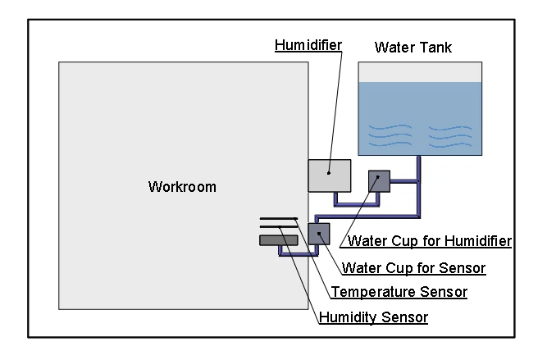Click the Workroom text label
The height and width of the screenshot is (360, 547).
[x=182, y=187]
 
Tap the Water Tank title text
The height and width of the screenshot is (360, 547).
[x=413, y=48]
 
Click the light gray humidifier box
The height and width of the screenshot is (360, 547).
[x=329, y=175]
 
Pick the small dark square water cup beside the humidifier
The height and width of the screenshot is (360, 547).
[x=379, y=180]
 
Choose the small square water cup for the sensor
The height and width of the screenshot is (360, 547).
[x=318, y=234]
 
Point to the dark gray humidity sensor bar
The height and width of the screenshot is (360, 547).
[x=278, y=240]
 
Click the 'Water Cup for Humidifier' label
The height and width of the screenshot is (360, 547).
[x=430, y=241]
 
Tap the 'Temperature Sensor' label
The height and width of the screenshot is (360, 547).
[x=398, y=292]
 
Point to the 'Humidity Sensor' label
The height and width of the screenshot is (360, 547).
[x=372, y=317]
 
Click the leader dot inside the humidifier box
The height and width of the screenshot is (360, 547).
[x=329, y=173]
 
